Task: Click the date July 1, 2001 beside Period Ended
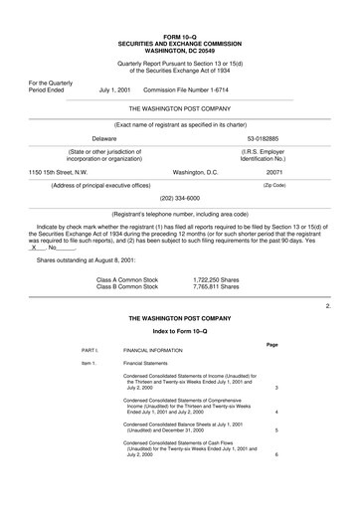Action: (x=114, y=88)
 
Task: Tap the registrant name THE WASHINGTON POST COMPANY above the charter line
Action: (x=180, y=105)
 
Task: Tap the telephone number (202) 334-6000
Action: (x=179, y=198)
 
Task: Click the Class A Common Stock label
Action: (x=127, y=279)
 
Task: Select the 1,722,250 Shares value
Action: (x=216, y=279)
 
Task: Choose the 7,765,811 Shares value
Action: (x=216, y=286)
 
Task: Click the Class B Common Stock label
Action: (x=127, y=286)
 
